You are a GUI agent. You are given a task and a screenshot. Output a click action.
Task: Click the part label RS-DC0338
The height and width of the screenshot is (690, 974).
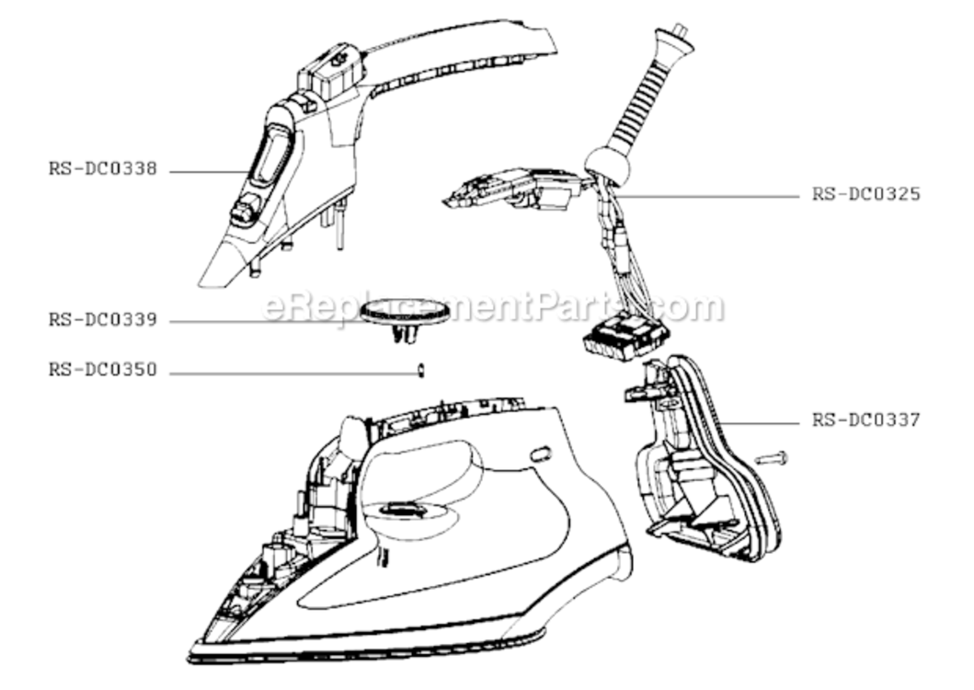pos(103,169)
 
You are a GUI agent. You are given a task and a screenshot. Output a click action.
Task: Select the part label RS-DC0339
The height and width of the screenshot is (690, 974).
pos(103,320)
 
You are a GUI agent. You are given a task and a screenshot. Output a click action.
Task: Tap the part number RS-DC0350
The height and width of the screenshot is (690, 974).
pos(103,370)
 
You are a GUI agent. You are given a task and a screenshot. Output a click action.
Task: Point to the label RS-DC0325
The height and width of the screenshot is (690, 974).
pos(865,194)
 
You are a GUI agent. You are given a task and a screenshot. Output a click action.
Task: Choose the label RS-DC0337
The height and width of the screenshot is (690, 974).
pos(865,420)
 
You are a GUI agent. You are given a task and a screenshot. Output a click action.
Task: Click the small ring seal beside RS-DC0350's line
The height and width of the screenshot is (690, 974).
pos(421,371)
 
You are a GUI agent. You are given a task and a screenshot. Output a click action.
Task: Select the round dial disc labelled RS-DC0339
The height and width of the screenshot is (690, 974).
pos(405,309)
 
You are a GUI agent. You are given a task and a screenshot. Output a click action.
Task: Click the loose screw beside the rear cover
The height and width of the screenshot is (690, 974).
pos(771,459)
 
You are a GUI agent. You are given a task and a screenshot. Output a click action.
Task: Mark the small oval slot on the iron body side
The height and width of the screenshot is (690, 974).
pos(539,454)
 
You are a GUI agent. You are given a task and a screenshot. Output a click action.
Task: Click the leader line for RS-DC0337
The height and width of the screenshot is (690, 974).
pos(758,423)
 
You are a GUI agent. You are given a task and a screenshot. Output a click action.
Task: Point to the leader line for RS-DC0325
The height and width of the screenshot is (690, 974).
pos(708,197)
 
